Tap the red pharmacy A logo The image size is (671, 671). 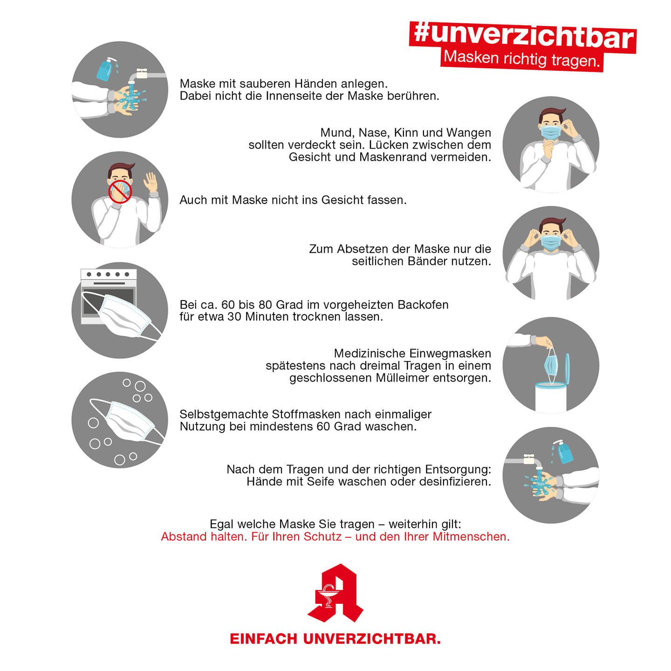pyautogui.click(x=335, y=593)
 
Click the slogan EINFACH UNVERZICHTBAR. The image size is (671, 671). pyautogui.click(x=335, y=639)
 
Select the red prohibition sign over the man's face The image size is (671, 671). pyautogui.click(x=120, y=192)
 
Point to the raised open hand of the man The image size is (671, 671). pyautogui.click(x=151, y=182)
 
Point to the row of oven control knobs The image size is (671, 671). pyautogui.click(x=108, y=274)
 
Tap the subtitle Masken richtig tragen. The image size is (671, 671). pyautogui.click(x=521, y=59)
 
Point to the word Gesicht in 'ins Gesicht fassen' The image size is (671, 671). pyautogui.click(x=342, y=200)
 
